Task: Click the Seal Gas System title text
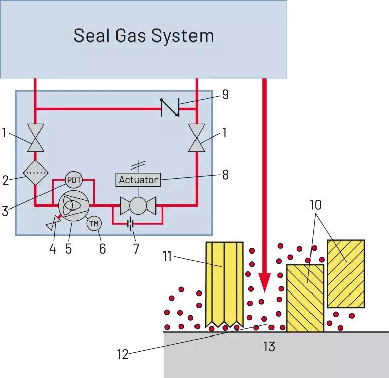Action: tap(144, 36)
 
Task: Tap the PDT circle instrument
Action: tap(73, 180)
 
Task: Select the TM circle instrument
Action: tap(94, 224)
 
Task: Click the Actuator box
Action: tap(138, 180)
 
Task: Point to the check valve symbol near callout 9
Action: tap(170, 107)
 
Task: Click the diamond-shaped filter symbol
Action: tap(35, 173)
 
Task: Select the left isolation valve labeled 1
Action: tap(35, 138)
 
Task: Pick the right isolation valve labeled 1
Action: tap(197, 138)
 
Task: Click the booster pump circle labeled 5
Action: tap(73, 205)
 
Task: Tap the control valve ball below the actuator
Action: tap(138, 205)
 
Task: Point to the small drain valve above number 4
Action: tap(53, 223)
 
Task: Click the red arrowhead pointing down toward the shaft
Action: tap(265, 283)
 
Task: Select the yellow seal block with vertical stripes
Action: tap(224, 284)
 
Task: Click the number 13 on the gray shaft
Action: tap(269, 347)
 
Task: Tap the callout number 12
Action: tap(123, 354)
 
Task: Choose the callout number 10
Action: tap(316, 205)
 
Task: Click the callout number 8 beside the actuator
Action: tap(225, 175)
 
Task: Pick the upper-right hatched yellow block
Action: tap(345, 274)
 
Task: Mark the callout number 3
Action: tap(5, 212)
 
